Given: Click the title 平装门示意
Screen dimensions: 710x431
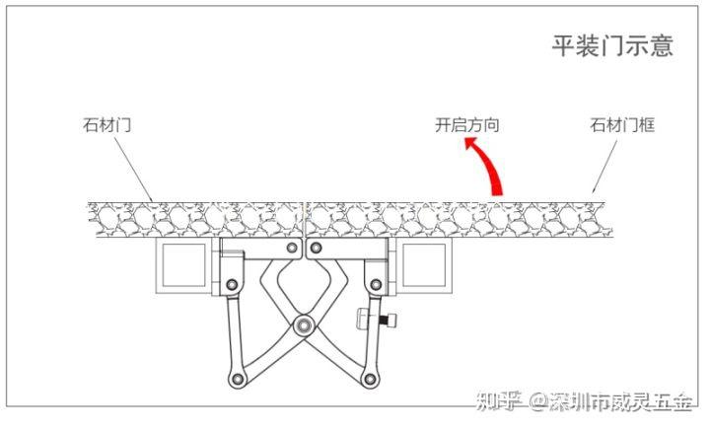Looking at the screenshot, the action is point(611,45).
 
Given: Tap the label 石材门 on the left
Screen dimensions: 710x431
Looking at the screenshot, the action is point(107,125).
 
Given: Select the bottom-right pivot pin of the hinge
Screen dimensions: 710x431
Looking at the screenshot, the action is point(369,379).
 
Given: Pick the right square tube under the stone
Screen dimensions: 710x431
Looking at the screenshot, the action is point(425,266).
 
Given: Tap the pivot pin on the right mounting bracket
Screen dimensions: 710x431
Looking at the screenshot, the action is point(375,286).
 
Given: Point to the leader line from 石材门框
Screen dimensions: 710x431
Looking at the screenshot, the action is point(605,162).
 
